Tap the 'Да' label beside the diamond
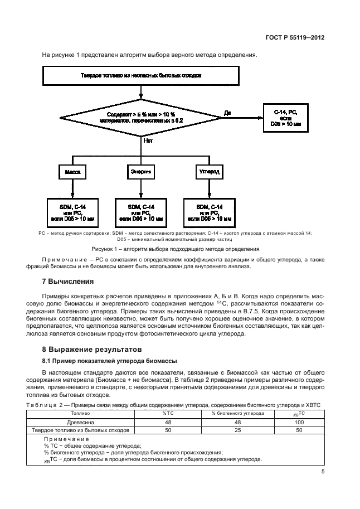pyautogui.click(x=227, y=113)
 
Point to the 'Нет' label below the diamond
pyautogui.click(x=148, y=141)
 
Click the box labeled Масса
pyautogui.click(x=72, y=172)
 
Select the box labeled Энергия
pyautogui.click(x=141, y=172)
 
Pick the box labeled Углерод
pyautogui.click(x=210, y=172)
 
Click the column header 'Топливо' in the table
pyautogui.click(x=81, y=414)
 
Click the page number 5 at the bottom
pyautogui.click(x=323, y=472)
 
